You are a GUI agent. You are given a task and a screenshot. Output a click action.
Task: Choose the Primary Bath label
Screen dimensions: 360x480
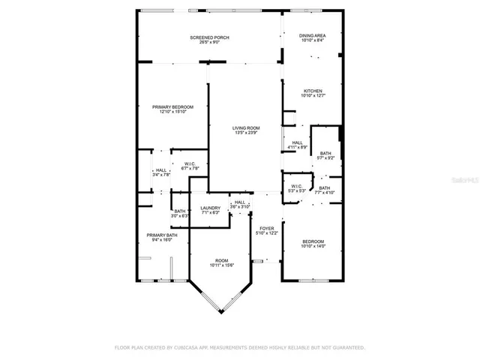[x=161, y=237]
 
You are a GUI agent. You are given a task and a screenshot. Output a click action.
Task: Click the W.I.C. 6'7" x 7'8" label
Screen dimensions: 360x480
[x=190, y=166]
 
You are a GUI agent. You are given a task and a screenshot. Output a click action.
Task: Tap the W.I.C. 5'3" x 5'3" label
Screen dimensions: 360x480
[x=296, y=188]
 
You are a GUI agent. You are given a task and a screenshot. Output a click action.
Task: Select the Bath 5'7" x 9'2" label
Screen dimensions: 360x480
[x=325, y=155]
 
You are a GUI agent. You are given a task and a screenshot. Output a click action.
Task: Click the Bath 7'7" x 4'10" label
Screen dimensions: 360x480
[x=324, y=190]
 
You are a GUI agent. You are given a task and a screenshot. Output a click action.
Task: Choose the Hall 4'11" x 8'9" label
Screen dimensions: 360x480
[x=297, y=145]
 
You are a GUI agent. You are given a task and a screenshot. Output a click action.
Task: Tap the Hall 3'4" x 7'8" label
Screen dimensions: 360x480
[x=160, y=172]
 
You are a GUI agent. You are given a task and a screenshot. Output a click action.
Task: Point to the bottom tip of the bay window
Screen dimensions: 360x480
[x=221, y=312]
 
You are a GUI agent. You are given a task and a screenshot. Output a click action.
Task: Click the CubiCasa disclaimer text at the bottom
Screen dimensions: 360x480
[x=239, y=348]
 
